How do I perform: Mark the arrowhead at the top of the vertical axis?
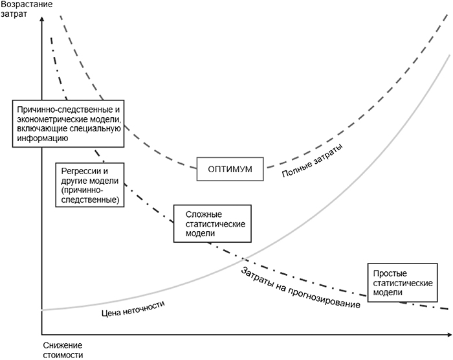point(41,20)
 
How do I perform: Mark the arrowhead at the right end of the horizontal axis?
point(448,335)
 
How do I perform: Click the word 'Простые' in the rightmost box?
point(390,273)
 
